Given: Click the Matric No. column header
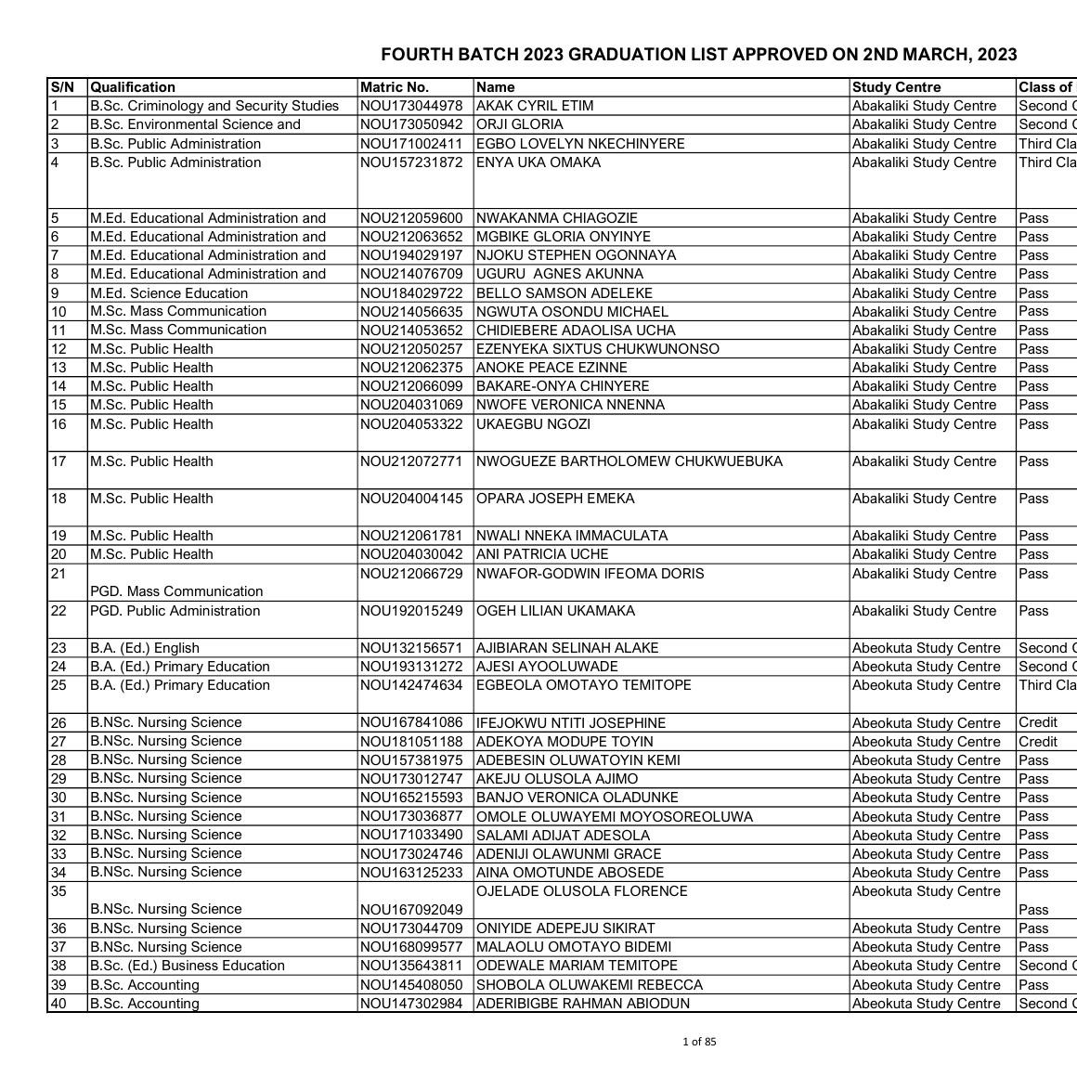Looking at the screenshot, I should [395, 87].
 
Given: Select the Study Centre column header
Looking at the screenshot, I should [896, 87].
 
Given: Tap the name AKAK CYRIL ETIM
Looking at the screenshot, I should [535, 106].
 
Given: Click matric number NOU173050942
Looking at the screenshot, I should [411, 124].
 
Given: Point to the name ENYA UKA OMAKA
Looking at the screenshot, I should [538, 162].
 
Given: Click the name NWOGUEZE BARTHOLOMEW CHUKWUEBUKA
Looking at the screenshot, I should [629, 461].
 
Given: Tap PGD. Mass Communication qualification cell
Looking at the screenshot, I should [176, 591].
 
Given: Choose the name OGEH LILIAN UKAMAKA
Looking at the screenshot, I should [556, 611].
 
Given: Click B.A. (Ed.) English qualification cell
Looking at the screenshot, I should [145, 648].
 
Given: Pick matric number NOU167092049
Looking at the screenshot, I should [411, 910].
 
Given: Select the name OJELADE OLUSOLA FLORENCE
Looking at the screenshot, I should [582, 891].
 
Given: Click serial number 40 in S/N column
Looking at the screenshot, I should [59, 1004].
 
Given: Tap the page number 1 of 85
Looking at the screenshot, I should [699, 1042].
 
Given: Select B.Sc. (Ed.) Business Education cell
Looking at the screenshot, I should [188, 966].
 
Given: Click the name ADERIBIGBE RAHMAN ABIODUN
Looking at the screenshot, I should [583, 1004].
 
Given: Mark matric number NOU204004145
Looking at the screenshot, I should [411, 499].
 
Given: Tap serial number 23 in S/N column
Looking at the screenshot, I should [59, 648].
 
